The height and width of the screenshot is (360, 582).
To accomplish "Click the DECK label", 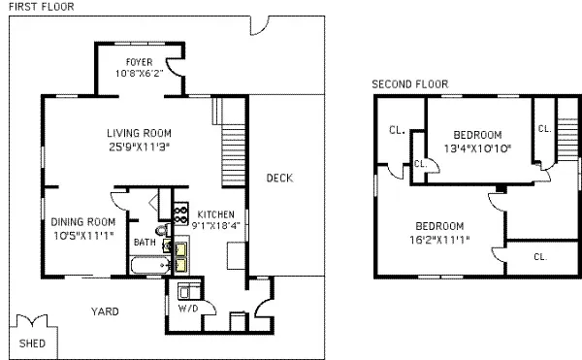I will tap(279, 178).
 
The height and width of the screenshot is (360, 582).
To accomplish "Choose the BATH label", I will tap(145, 243).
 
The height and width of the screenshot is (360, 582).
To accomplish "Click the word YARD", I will tap(105, 311).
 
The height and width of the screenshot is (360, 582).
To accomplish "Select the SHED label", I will tap(32, 344).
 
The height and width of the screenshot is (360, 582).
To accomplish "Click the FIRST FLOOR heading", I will tap(38, 7).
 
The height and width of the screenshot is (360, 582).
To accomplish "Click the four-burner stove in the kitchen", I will tap(179, 214).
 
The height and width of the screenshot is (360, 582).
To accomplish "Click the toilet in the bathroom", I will tap(161, 231).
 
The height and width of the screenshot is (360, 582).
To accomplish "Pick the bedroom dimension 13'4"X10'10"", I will tap(476, 147).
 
